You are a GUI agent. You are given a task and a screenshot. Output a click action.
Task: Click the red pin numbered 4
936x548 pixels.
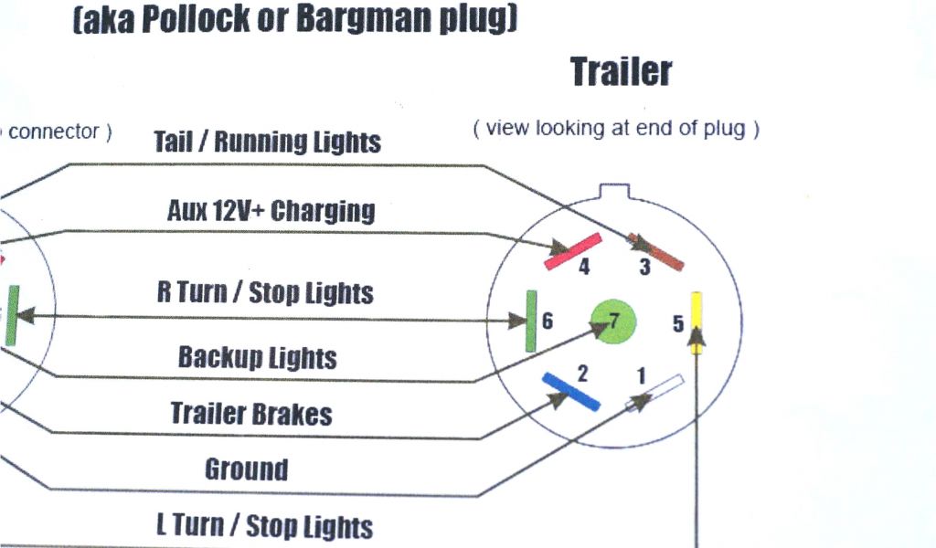[573, 251]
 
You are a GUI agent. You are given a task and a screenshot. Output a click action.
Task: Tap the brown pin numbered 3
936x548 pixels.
[657, 251]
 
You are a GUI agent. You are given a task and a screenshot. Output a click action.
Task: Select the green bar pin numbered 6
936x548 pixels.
[530, 321]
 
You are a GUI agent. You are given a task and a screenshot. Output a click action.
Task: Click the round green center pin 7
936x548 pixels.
[612, 321]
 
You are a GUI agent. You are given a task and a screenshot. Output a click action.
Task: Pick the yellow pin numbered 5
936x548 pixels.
[697, 315]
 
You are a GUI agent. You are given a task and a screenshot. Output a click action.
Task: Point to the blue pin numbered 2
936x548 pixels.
[570, 391]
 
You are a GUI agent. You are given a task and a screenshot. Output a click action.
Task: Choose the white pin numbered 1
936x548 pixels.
[655, 393]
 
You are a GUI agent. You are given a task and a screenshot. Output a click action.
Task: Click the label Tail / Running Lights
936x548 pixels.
[267, 142]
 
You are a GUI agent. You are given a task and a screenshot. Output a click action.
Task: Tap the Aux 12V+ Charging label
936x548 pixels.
[271, 211]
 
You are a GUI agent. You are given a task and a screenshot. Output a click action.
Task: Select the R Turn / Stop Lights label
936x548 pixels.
[265, 292]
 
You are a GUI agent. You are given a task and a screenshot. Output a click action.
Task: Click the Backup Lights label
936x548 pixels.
[257, 357]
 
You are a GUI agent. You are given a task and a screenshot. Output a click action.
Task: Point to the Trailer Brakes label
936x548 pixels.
[251, 414]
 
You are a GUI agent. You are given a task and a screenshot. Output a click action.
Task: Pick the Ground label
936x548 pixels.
[246, 469]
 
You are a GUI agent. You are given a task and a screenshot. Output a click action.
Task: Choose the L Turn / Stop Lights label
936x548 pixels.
[264, 526]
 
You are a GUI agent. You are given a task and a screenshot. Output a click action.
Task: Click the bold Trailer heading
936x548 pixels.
[622, 71]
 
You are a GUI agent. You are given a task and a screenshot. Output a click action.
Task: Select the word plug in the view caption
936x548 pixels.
[724, 129]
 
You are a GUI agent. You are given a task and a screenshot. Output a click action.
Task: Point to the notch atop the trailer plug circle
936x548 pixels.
[612, 192]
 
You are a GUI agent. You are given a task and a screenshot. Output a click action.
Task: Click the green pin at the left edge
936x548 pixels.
[12, 315]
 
